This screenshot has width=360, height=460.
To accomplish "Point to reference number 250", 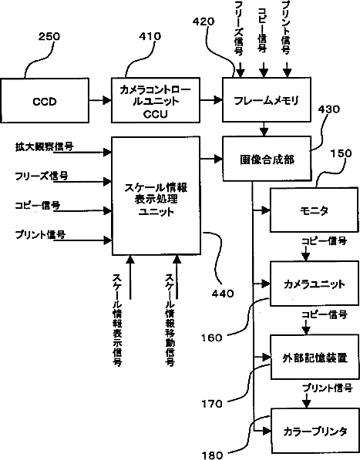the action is tap(49, 37).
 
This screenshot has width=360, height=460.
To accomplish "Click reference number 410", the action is tap(150, 36).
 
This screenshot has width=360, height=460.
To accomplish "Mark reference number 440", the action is tap(223, 294).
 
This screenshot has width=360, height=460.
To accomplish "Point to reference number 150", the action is tap(341, 153).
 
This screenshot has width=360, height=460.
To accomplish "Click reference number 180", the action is tap(212, 455).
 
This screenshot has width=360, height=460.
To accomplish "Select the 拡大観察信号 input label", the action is tap(44, 146).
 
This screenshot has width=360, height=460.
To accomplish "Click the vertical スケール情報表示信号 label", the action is tap(118, 320).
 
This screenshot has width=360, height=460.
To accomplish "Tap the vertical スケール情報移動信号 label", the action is tap(170, 320).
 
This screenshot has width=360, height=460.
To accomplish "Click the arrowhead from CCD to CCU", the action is tap(107, 101).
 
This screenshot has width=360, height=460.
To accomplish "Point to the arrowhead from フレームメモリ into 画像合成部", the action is tap(264, 133).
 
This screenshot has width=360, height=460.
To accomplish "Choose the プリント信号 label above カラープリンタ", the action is tap(328, 388).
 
